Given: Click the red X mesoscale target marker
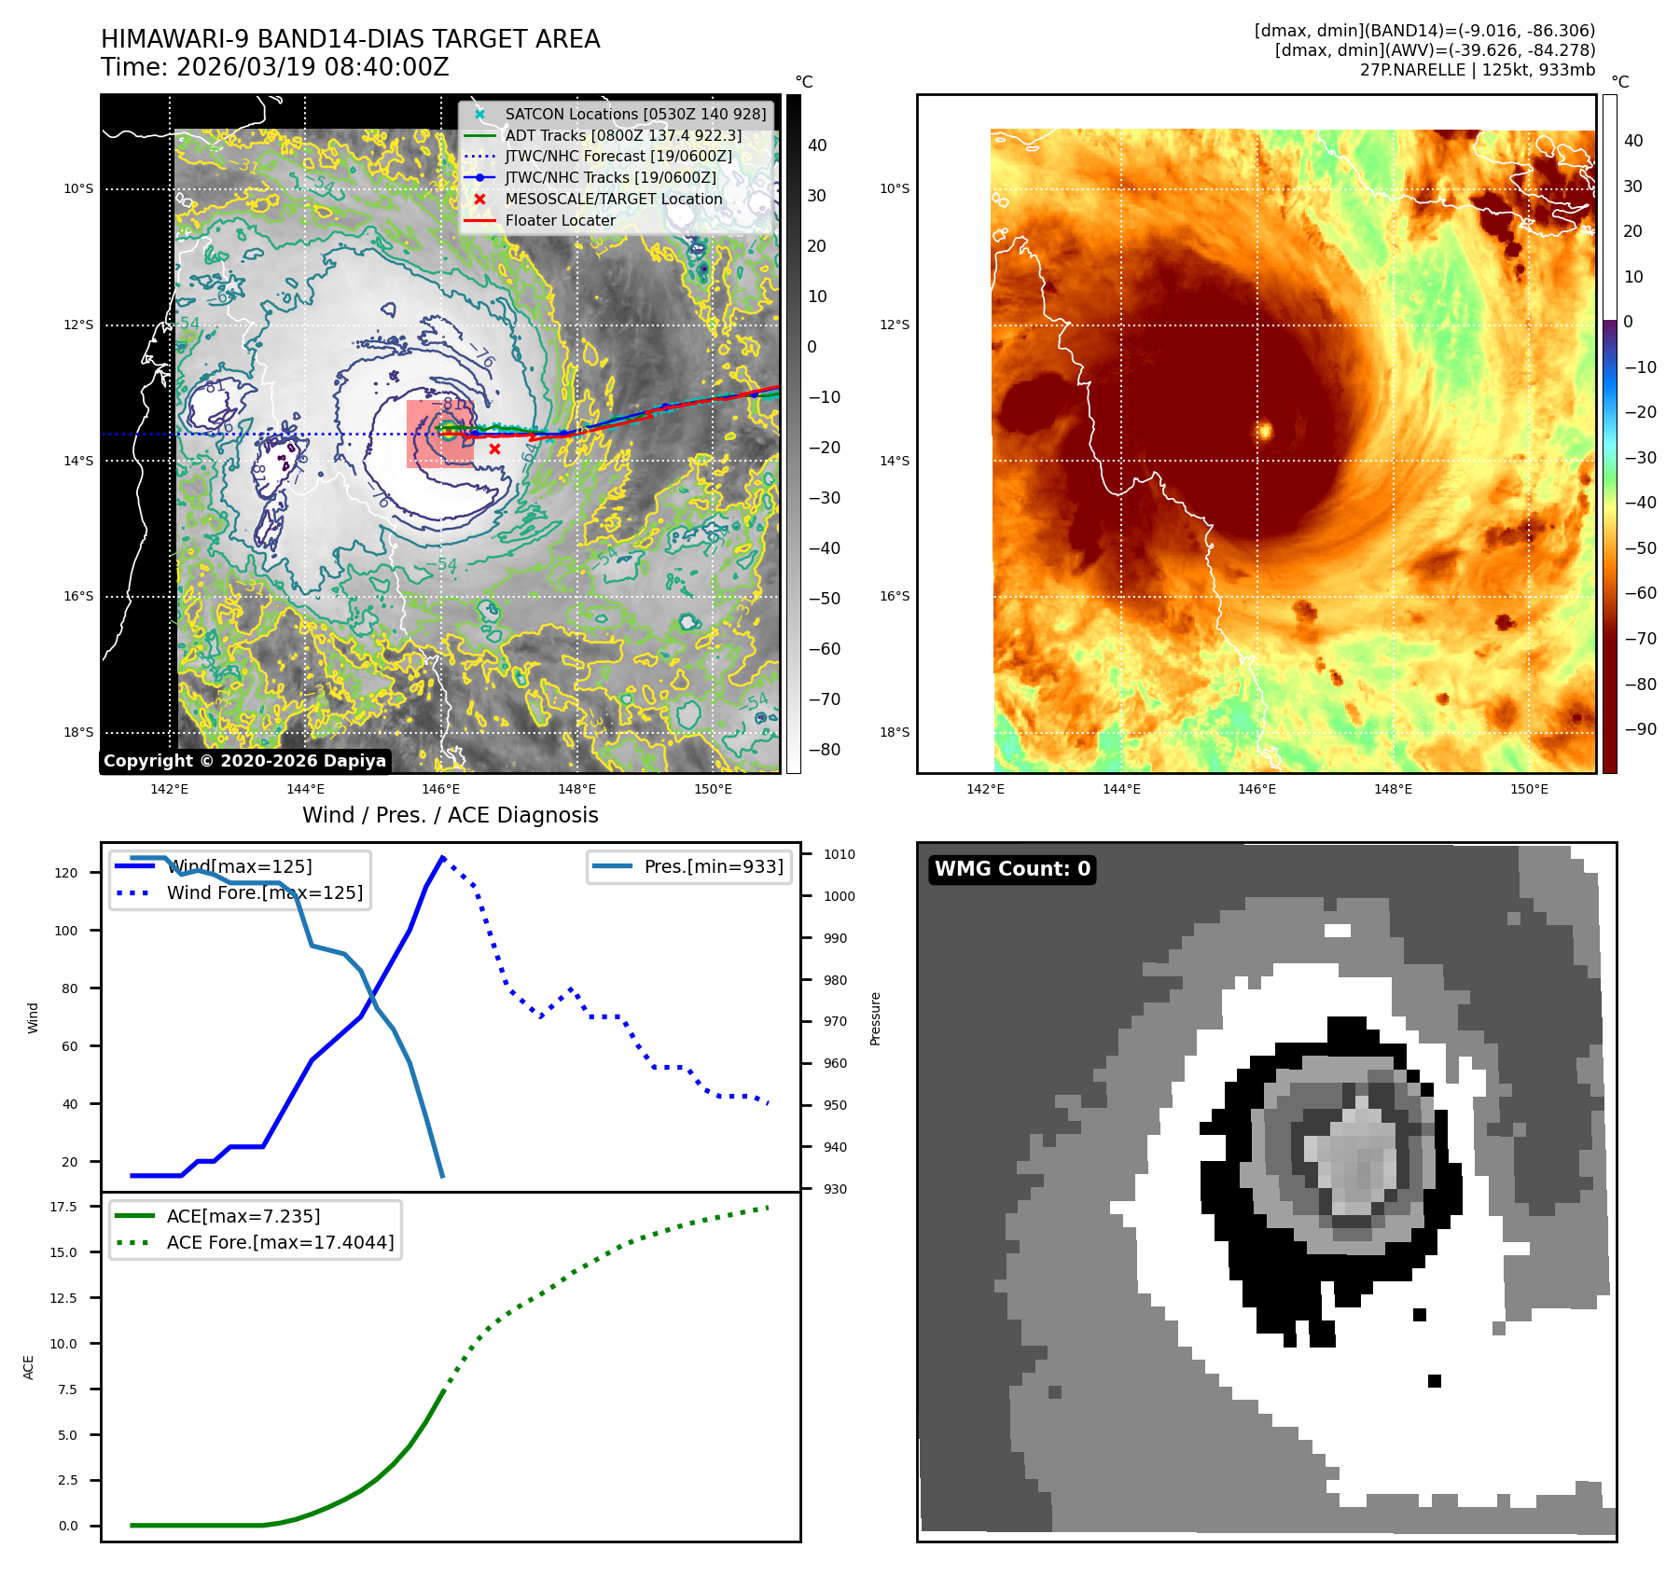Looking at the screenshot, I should click(494, 449).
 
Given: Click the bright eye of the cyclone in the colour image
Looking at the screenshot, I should click(1265, 430).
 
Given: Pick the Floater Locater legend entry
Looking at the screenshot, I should click(560, 220).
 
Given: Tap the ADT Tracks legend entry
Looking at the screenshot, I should click(623, 135).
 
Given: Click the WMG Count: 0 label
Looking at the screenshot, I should click(1012, 869).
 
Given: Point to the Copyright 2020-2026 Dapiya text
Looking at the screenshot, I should click(244, 761).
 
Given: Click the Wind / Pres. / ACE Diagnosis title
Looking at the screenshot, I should click(450, 815).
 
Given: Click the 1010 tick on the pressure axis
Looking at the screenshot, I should click(839, 854).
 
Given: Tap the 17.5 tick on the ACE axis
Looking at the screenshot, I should click(63, 1207).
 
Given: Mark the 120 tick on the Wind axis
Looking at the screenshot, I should click(66, 873).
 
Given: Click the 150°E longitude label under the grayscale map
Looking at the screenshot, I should click(713, 789).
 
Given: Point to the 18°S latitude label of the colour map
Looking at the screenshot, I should click(895, 732).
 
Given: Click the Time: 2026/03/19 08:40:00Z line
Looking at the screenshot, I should click(275, 67).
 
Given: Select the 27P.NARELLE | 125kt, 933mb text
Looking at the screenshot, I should click(1477, 70).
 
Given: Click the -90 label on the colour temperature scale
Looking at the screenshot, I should click(1640, 729).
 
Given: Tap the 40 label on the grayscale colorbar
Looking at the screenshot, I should click(817, 145).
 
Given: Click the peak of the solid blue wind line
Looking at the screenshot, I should click(442, 857).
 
